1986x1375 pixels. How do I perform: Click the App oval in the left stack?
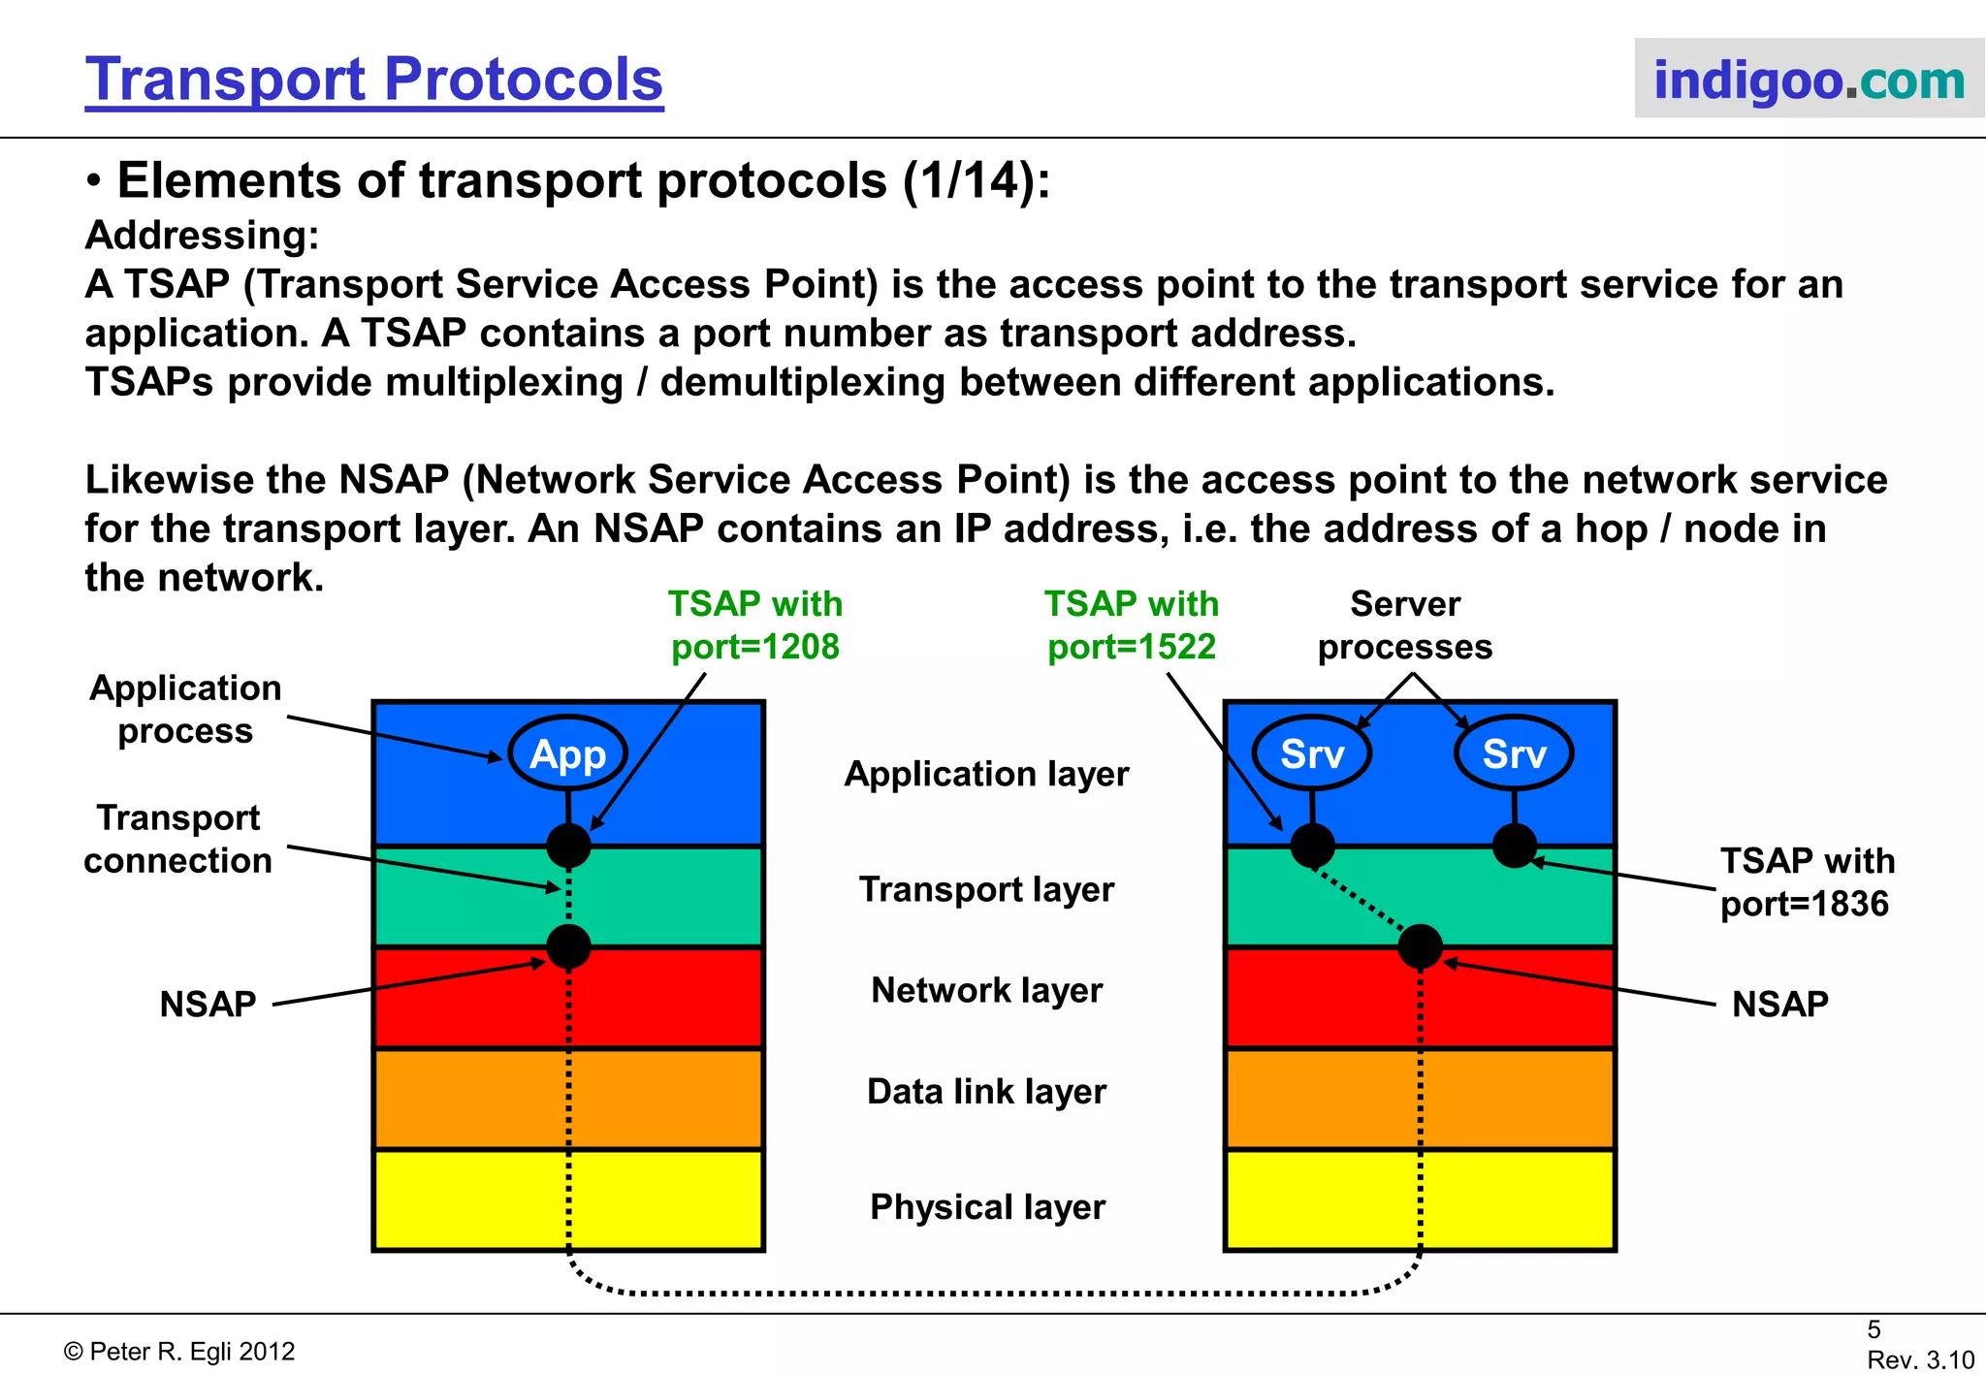pyautogui.click(x=568, y=753)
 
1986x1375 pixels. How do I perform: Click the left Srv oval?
pyautogui.click(x=1312, y=753)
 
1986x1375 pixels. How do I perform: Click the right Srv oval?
pyautogui.click(x=1514, y=753)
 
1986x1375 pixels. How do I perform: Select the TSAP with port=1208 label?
pyautogui.click(x=755, y=625)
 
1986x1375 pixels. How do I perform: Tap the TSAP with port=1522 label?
pyautogui.click(x=1132, y=625)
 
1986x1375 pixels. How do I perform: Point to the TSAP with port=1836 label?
pyautogui.click(x=1807, y=881)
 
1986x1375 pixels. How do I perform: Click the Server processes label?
pyautogui.click(x=1405, y=625)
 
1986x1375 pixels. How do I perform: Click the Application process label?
pyautogui.click(x=185, y=709)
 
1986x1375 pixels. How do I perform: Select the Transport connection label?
pyautogui.click(x=178, y=839)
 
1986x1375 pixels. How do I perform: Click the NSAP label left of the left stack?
pyautogui.click(x=208, y=1004)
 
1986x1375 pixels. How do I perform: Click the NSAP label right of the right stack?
pyautogui.click(x=1780, y=1004)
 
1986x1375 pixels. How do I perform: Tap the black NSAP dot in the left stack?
pyautogui.click(x=568, y=946)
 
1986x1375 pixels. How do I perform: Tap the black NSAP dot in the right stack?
pyautogui.click(x=1420, y=946)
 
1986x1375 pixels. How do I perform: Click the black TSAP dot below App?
pyautogui.click(x=568, y=846)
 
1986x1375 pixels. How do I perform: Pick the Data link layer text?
pyautogui.click(x=986, y=1092)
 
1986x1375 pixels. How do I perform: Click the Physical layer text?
pyautogui.click(x=987, y=1207)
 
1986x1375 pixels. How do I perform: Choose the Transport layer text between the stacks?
pyautogui.click(x=986, y=889)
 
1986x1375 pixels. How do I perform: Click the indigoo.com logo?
pyautogui.click(x=1809, y=80)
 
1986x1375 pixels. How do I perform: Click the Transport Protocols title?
pyautogui.click(x=374, y=80)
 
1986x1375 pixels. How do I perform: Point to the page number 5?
pyautogui.click(x=1874, y=1329)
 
